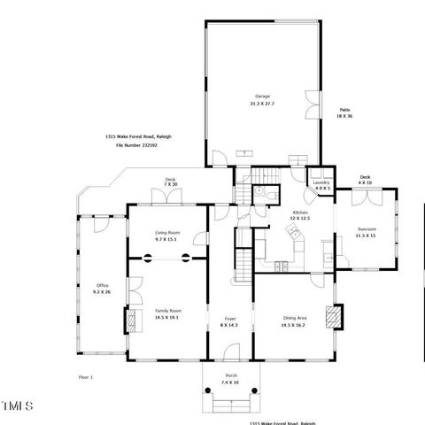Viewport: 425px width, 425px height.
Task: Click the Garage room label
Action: coord(262,96)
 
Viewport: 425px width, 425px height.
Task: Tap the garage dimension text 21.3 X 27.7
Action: coord(262,104)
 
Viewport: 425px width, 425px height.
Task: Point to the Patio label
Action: coord(344,109)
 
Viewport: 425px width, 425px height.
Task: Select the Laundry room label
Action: coord(323,182)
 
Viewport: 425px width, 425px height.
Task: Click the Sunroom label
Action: coord(366,228)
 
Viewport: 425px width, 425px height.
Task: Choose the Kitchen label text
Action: coord(300,212)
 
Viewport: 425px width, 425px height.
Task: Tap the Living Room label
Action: coord(167,232)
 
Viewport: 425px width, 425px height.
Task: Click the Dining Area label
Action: coord(294,319)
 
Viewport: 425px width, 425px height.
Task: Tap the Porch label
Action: coord(230,376)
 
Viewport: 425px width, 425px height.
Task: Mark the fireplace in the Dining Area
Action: coord(332,316)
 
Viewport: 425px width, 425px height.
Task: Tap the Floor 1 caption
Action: coord(86,377)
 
